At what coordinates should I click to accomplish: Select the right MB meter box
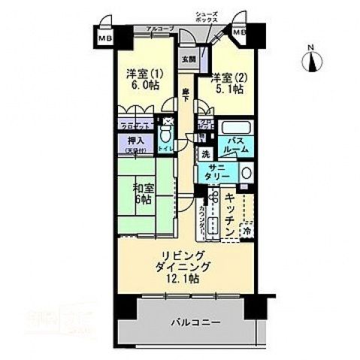tap(238, 33)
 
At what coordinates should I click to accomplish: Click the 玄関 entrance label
tap(187, 59)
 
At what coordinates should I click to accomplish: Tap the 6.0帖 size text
tap(143, 86)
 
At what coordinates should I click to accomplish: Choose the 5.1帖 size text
tap(228, 89)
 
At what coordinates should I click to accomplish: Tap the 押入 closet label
tap(135, 141)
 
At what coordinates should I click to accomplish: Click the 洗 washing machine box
tap(205, 154)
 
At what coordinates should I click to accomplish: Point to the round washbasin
tap(246, 174)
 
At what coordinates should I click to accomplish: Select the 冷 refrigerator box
tap(247, 232)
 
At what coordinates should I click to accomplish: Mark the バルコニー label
tap(195, 322)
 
